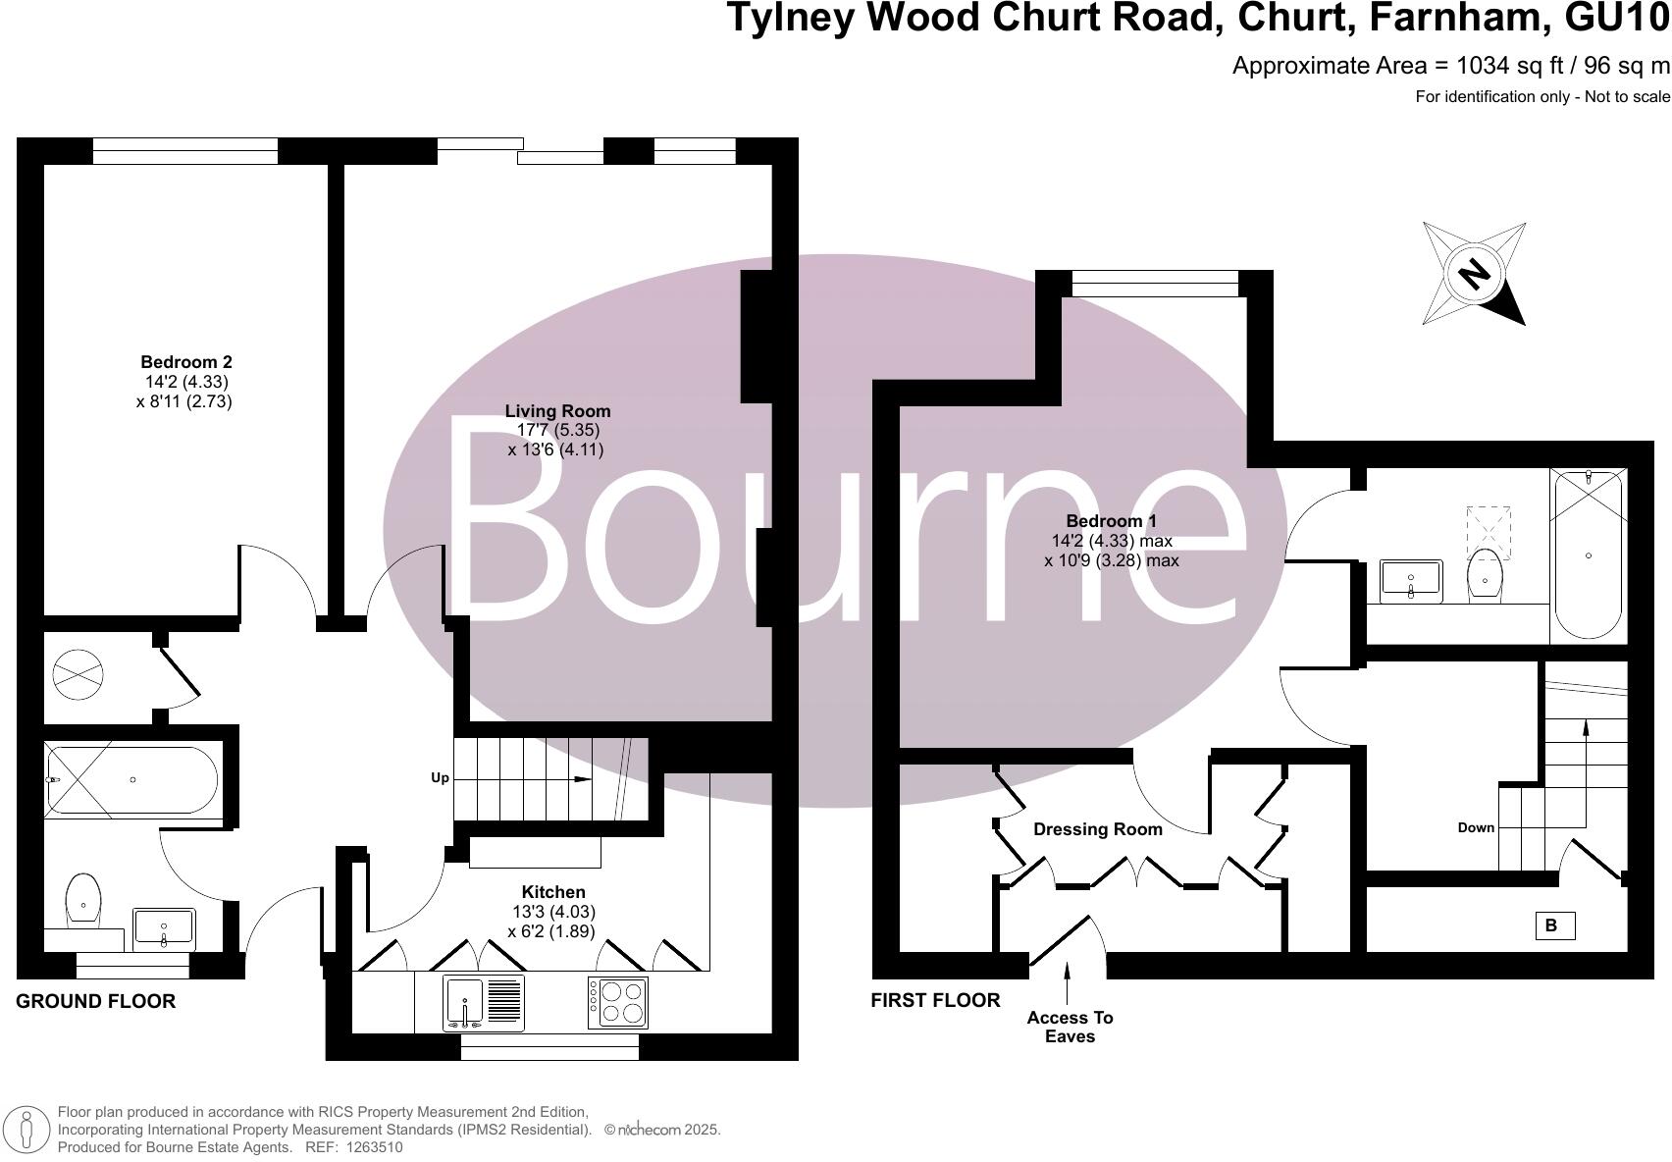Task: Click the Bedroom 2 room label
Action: (x=186, y=362)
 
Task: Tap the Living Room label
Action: (x=557, y=411)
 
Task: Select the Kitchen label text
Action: (x=553, y=892)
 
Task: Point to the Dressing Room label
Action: (x=1097, y=829)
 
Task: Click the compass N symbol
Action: (x=1473, y=273)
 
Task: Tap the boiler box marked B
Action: (x=1554, y=925)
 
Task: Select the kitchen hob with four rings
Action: (x=617, y=1002)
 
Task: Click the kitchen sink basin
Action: (x=464, y=1000)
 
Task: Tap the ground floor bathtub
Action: (x=132, y=780)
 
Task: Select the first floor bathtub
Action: (x=1589, y=555)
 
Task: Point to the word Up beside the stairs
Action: (x=440, y=778)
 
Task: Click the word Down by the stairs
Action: (x=1476, y=827)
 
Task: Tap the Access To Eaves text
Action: (x=1070, y=1027)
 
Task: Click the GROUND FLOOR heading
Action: (x=96, y=1001)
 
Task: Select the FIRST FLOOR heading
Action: (x=935, y=1000)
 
